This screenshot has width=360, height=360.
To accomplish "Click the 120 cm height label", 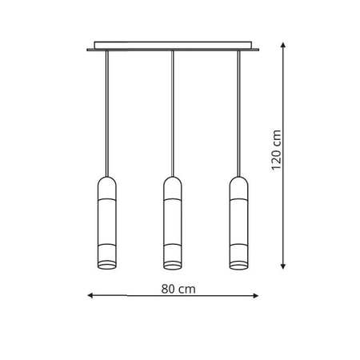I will [x=275, y=151].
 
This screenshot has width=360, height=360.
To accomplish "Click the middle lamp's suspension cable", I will [x=172, y=112].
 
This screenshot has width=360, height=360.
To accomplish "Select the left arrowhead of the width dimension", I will [x=89, y=297].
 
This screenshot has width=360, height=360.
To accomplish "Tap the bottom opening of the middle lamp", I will [x=172, y=264].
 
